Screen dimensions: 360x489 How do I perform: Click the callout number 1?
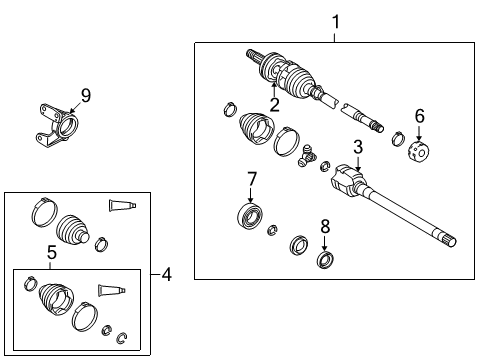[x=336, y=20]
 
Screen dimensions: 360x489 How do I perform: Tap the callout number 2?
[x=274, y=103]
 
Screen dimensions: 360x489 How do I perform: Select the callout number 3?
[x=357, y=148]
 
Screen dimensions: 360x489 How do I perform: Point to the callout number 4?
[x=167, y=273]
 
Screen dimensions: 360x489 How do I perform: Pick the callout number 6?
[x=419, y=116]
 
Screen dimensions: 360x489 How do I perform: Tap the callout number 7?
[x=251, y=180]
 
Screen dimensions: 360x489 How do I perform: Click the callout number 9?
[x=85, y=95]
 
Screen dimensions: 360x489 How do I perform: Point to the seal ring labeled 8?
[x=323, y=261]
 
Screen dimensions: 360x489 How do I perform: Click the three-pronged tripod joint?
[x=309, y=155]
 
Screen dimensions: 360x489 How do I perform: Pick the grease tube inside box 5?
[x=111, y=290]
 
